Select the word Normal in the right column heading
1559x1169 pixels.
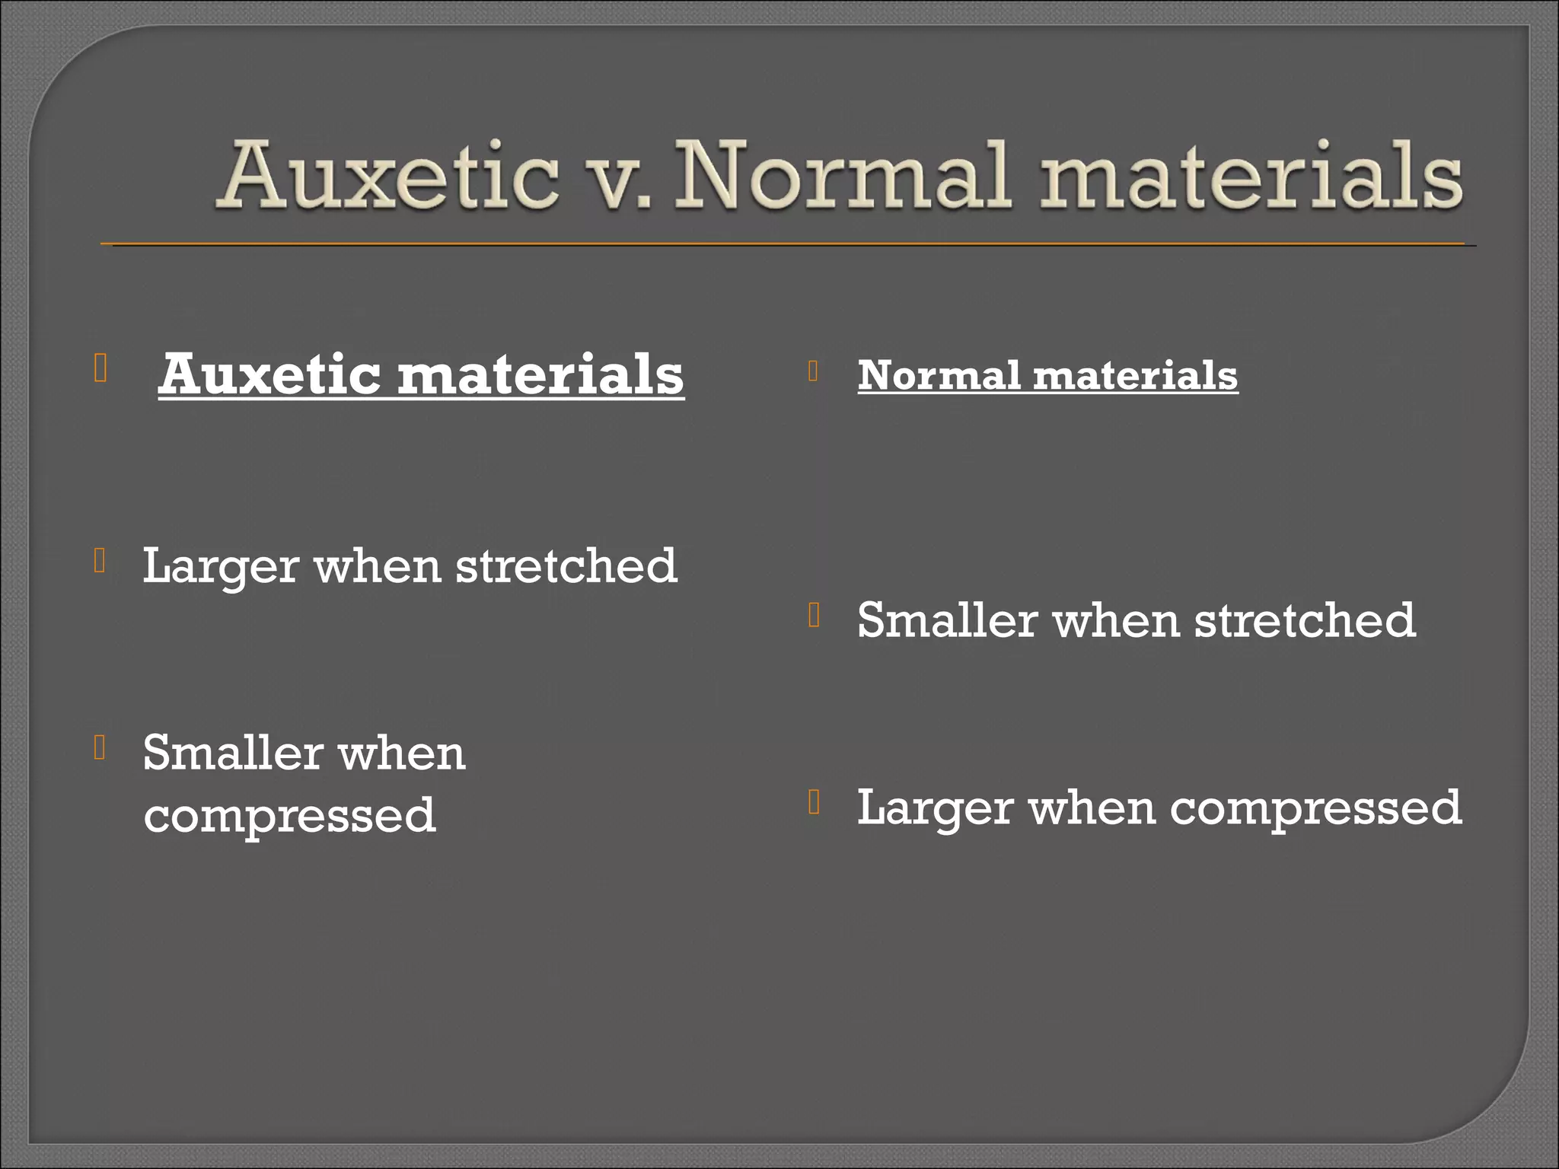coord(939,375)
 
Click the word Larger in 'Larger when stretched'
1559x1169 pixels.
coord(220,567)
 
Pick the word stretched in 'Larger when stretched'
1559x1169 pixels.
coord(566,565)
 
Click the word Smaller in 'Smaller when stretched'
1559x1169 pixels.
coord(947,620)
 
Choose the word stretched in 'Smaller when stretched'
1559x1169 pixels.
coord(1305,620)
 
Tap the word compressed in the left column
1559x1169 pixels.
coord(289,816)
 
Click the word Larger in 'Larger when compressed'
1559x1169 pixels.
coord(935,808)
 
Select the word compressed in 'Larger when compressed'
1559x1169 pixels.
coord(1315,808)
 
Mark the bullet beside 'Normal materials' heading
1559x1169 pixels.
coord(814,371)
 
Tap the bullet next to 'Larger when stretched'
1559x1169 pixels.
coord(100,561)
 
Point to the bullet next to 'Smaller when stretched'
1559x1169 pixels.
coord(814,614)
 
